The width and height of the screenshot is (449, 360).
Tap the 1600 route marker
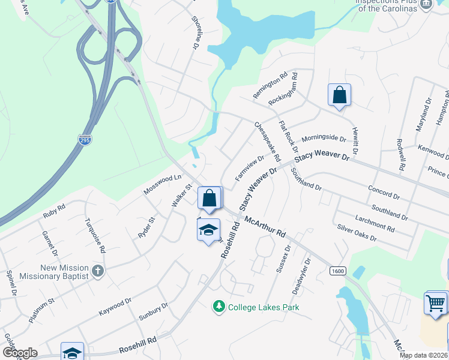(x=337, y=271)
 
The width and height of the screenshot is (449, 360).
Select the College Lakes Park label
(x=263, y=307)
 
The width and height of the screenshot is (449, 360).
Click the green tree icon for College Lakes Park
(x=219, y=307)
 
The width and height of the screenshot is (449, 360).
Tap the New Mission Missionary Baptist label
(x=64, y=272)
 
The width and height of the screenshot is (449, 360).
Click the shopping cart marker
(x=436, y=302)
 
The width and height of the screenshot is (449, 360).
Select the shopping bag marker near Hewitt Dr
(x=339, y=95)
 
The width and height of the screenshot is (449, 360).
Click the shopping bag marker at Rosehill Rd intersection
(x=209, y=199)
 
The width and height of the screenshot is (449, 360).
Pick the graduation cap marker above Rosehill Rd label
(x=208, y=230)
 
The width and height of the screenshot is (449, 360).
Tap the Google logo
(x=20, y=353)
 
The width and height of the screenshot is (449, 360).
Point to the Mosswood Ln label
(x=162, y=184)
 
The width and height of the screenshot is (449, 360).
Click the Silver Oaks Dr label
(x=357, y=233)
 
